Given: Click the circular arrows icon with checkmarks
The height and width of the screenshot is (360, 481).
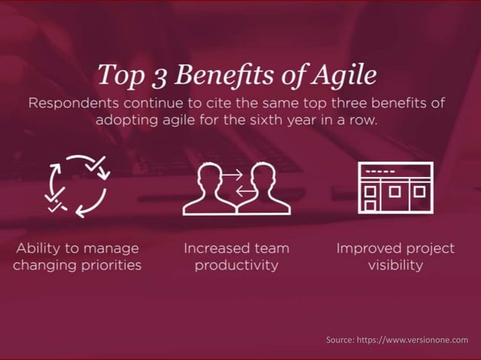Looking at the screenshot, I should (x=78, y=185).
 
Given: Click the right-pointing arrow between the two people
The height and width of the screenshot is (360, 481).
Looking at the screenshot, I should (x=231, y=175).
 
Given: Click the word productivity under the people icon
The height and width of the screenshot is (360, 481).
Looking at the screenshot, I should (x=236, y=265).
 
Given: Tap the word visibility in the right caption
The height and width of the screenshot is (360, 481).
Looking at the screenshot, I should (x=395, y=265).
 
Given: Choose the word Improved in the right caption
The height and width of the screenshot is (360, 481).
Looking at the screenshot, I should (x=369, y=248).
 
